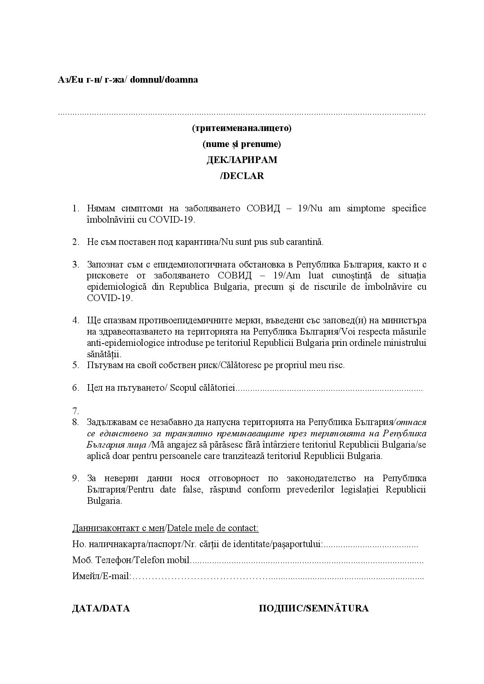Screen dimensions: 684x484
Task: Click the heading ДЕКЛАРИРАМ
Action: pos(242,160)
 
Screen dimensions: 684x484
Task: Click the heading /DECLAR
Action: pos(242,176)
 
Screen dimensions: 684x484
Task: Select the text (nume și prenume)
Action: pos(242,144)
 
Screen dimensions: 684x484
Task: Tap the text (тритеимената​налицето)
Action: pos(242,128)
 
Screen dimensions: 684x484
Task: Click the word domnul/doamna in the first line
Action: pos(164,80)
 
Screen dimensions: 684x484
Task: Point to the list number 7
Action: pos(76,411)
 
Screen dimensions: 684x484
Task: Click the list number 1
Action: pos(76,208)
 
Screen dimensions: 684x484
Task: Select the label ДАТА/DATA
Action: pos(101,608)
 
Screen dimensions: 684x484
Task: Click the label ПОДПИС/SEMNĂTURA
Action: pos(313,608)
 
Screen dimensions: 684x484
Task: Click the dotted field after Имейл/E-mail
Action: pos(277,576)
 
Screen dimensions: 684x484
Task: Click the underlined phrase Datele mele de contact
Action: pos(212,528)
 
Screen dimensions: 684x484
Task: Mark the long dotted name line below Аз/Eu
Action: pos(242,113)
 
